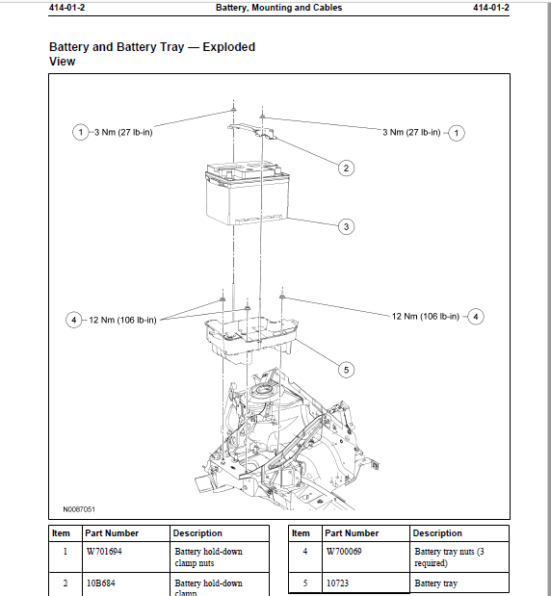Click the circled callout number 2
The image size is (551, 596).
346,168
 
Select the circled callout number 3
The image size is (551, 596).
346,227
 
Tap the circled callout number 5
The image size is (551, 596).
346,368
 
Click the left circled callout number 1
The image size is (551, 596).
80,132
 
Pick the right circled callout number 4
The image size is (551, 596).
475,316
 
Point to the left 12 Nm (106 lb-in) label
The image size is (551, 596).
122,320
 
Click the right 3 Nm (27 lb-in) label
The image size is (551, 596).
411,132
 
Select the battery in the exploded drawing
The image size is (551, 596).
245,193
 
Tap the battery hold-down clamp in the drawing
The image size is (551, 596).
249,127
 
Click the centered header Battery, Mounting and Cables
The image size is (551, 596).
278,8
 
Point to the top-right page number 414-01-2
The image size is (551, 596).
490,8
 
